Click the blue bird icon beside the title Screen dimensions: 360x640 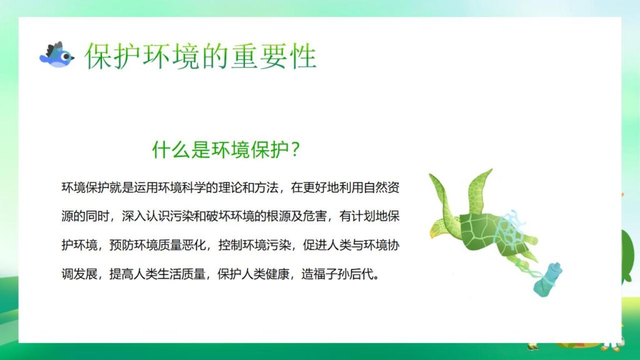pyautogui.click(x=56, y=56)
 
